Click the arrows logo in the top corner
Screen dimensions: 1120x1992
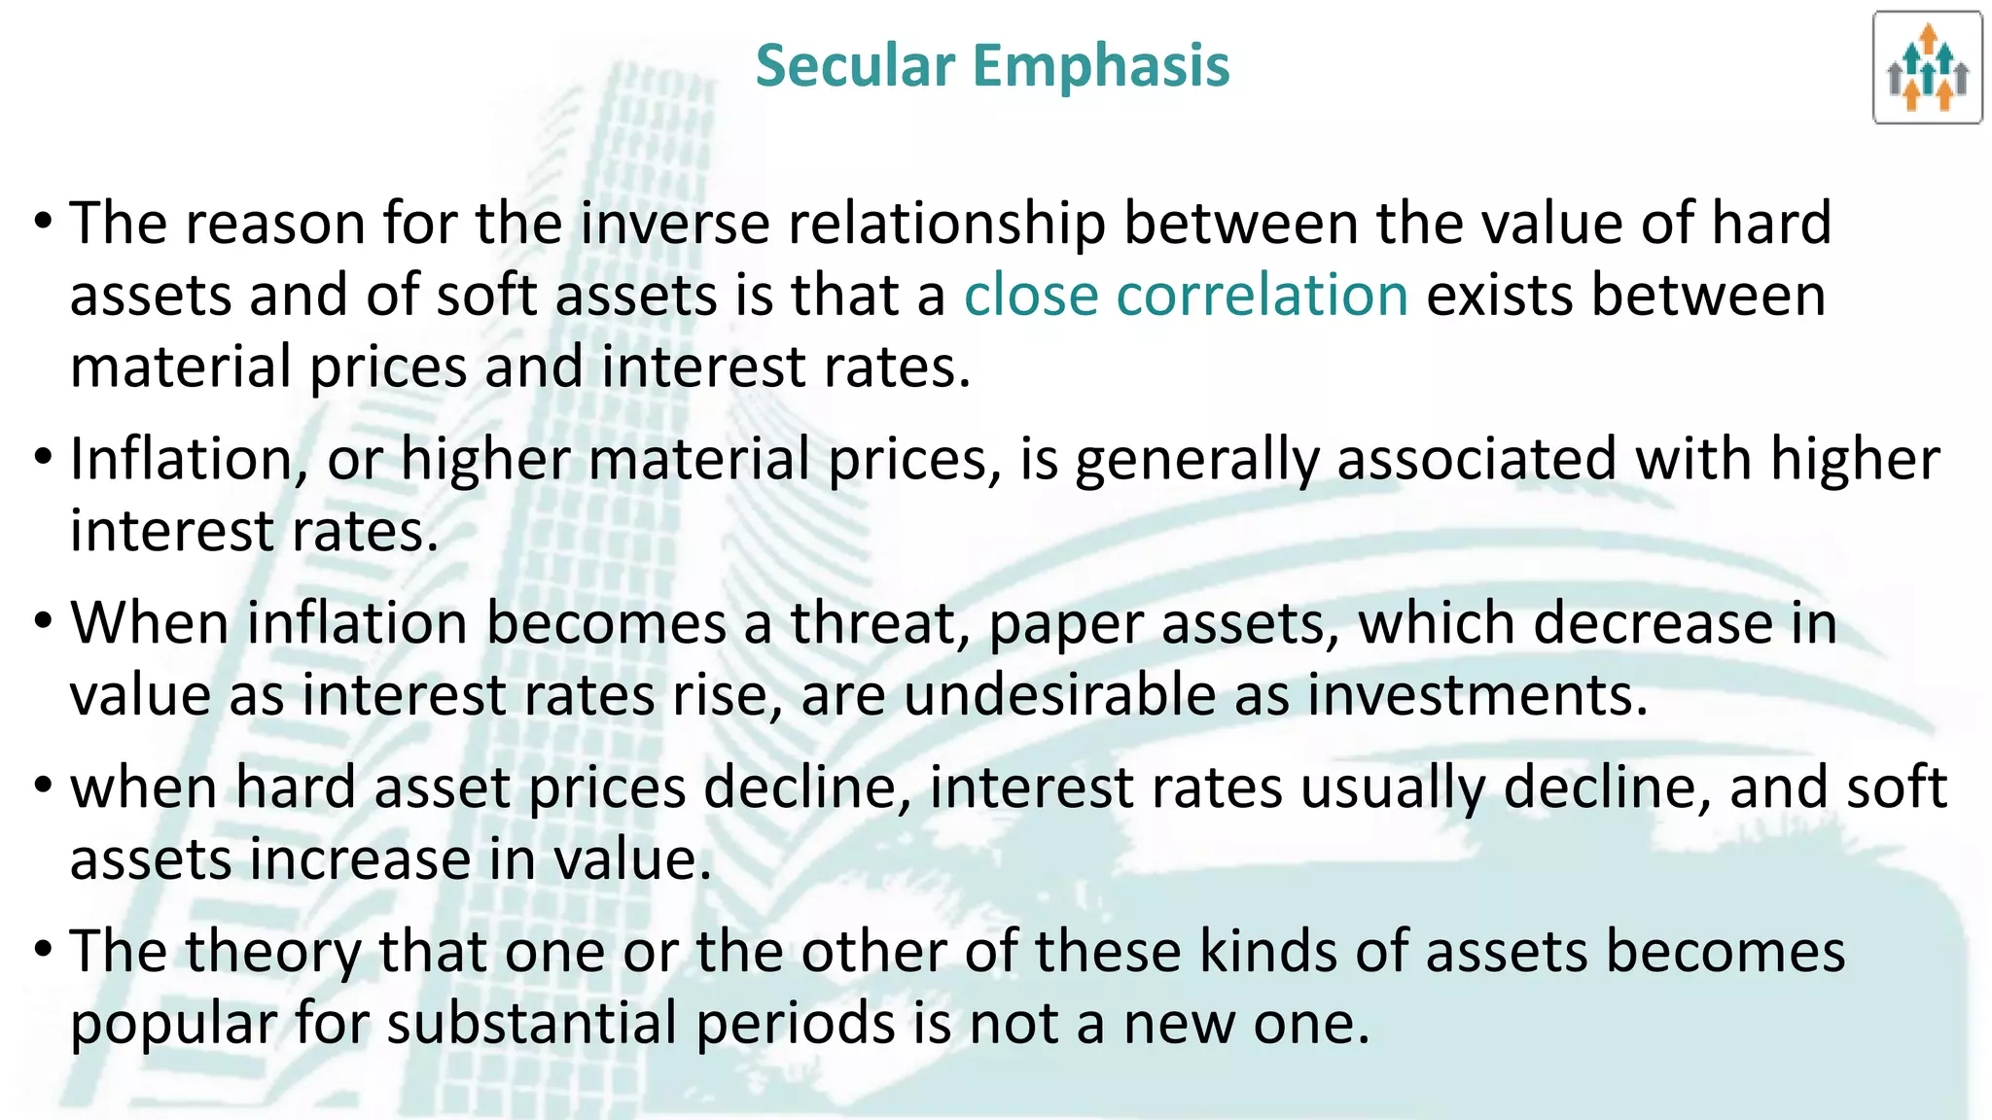pos(1927,68)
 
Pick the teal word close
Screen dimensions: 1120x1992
pos(1031,296)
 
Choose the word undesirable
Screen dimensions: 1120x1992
pos(1059,695)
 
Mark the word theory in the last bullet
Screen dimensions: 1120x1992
pos(272,954)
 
